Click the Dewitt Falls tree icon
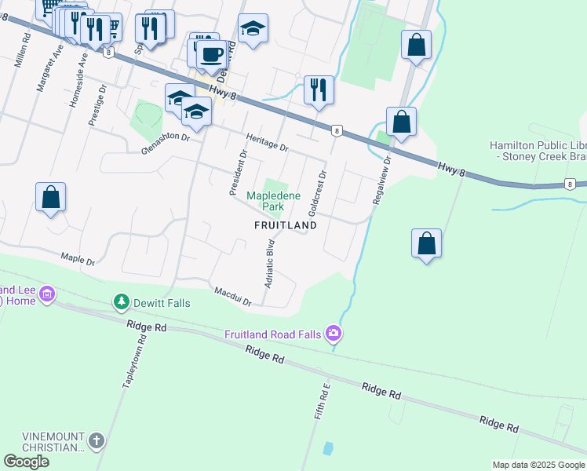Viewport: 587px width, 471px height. click(x=121, y=301)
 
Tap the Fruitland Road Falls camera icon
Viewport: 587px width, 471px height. click(x=335, y=334)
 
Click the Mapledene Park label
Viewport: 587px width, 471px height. click(x=265, y=201)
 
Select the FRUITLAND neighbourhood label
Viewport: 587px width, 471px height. click(x=286, y=225)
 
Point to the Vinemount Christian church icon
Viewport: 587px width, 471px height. click(x=97, y=440)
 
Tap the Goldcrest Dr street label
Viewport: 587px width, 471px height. click(x=317, y=192)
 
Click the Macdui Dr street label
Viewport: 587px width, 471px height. click(x=233, y=296)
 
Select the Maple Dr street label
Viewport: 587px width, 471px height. click(x=78, y=258)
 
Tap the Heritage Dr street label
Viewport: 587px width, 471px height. click(x=267, y=142)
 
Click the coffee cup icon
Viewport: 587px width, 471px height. click(x=211, y=55)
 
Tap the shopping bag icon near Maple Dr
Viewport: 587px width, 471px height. click(x=50, y=198)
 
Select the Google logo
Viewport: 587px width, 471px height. click(x=26, y=462)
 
